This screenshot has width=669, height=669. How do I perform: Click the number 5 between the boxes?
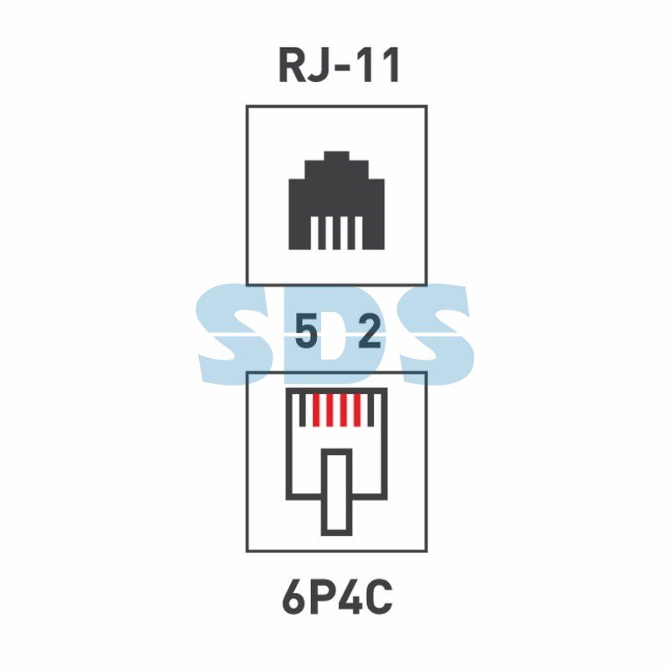pyautogui.click(x=306, y=331)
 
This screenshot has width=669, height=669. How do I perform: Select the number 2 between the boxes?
pyautogui.click(x=370, y=331)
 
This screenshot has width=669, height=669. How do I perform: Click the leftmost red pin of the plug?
pyautogui.click(x=316, y=410)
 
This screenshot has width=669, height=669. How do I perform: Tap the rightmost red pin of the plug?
pyautogui.click(x=358, y=410)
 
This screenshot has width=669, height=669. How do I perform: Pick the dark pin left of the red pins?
pyautogui.click(x=303, y=410)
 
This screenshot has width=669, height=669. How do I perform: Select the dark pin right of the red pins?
pyautogui.click(x=370, y=410)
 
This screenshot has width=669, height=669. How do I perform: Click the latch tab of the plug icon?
pyautogui.click(x=337, y=492)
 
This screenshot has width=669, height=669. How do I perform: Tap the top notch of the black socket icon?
pyautogui.click(x=337, y=156)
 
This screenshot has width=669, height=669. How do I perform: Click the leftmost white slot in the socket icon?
pyautogui.click(x=314, y=233)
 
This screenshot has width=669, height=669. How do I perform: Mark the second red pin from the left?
pyautogui.click(x=329, y=410)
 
